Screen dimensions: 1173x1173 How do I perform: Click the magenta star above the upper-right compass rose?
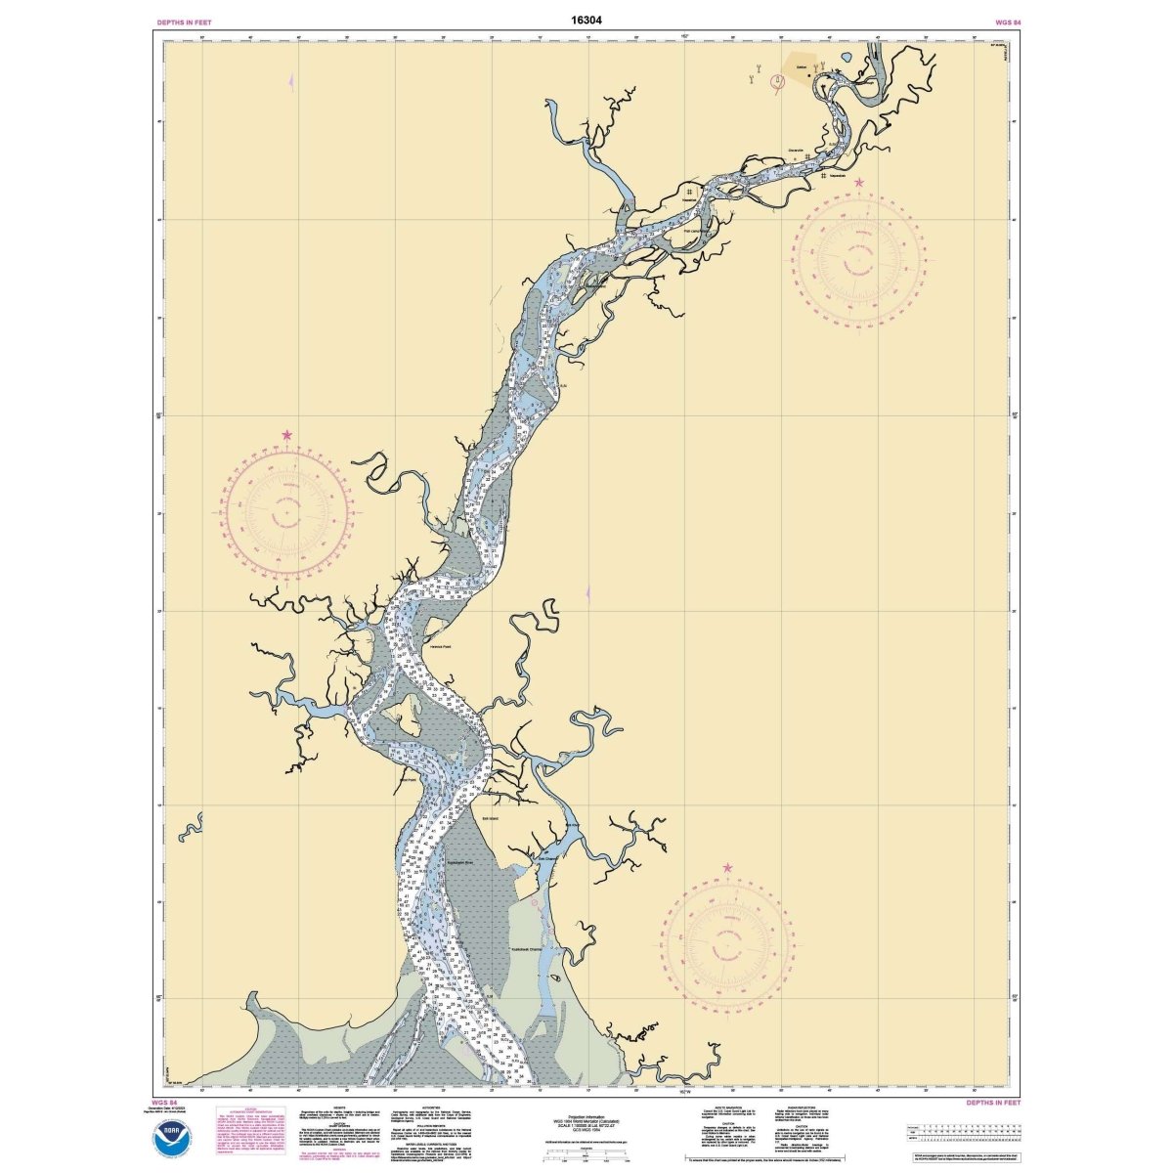(859, 183)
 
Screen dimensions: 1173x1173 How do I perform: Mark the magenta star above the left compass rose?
(287, 435)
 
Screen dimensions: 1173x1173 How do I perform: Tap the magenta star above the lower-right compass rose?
(727, 868)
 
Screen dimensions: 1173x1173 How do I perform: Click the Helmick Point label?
(439, 647)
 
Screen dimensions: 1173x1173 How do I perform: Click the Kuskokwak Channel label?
(521, 948)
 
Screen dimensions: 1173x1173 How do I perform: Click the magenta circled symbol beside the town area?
(778, 83)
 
